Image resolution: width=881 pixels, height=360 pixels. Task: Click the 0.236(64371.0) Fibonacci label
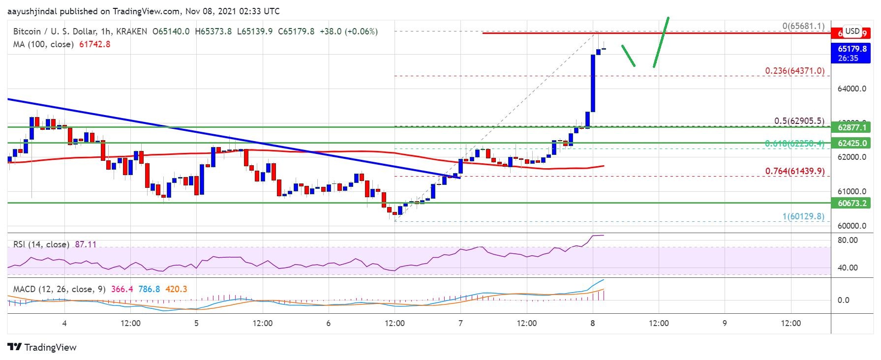(x=794, y=71)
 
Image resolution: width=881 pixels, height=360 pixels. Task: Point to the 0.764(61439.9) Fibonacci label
(x=794, y=171)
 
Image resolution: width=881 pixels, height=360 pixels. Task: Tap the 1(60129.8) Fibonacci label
(x=802, y=216)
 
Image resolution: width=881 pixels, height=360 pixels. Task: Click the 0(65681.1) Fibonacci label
(x=803, y=26)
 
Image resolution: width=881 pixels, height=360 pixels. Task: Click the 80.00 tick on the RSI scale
(x=847, y=240)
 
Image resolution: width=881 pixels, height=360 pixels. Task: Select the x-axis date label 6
(x=328, y=323)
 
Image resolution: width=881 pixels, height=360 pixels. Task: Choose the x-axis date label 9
(x=725, y=323)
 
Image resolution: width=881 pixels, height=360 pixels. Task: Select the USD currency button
(x=852, y=31)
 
